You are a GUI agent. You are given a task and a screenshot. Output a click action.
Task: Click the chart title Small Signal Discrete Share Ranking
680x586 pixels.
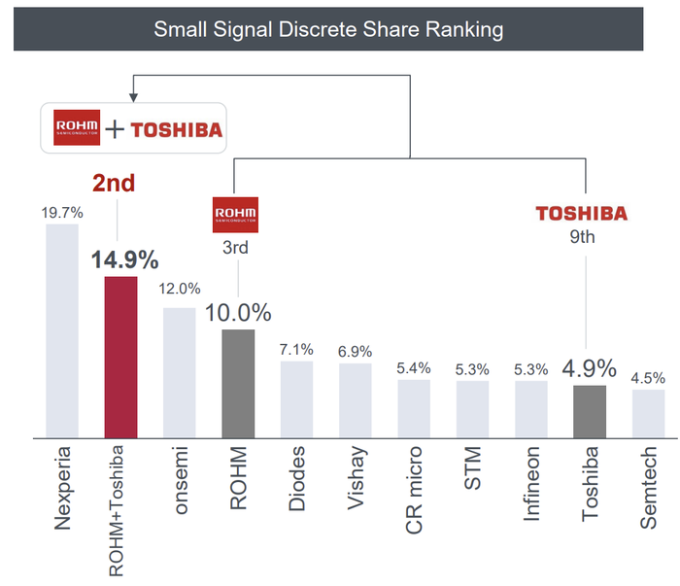[328, 29]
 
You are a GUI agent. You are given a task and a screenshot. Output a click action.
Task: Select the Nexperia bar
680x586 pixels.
[62, 330]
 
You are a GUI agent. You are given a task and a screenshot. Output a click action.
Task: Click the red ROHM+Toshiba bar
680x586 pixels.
[120, 357]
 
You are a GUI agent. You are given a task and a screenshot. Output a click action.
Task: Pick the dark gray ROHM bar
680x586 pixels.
[238, 383]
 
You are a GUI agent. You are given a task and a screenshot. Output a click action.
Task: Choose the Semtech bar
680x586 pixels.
[648, 413]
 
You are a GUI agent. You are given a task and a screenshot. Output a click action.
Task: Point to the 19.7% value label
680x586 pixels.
[62, 211]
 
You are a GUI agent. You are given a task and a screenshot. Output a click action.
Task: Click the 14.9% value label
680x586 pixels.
[124, 260]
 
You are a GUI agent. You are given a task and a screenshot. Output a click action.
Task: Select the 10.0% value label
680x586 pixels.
[238, 313]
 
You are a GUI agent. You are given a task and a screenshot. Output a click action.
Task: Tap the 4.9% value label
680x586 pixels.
[588, 368]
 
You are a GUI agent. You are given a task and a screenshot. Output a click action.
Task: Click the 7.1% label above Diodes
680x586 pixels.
[296, 348]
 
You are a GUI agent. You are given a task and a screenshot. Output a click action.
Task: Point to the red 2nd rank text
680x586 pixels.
[116, 183]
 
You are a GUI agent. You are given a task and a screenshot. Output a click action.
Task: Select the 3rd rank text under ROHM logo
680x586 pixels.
[234, 248]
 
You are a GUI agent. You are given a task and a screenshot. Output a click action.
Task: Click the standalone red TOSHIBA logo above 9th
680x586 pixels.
[582, 213]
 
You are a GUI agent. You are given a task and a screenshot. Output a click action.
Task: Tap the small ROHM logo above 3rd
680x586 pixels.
[234, 215]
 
